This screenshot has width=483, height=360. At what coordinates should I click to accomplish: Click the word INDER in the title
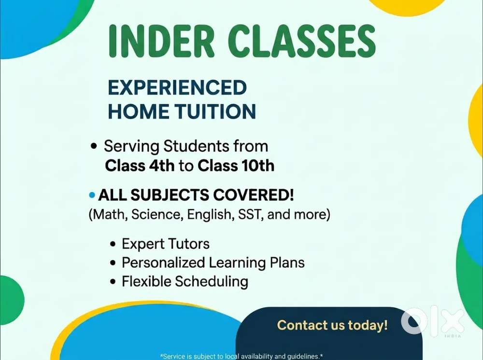pos(161,41)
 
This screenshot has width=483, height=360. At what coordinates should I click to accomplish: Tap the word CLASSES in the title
pos(302,41)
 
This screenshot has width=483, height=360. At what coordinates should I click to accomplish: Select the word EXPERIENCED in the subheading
pos(177,88)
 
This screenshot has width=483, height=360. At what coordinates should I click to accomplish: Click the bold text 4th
pos(162,166)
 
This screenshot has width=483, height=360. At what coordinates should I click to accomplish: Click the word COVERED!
pos(253,195)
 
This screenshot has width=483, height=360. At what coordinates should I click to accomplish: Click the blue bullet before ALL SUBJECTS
pos(92,195)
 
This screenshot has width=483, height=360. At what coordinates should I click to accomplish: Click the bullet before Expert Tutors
pos(114,245)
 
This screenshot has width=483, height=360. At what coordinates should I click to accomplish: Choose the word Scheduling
pos(212,282)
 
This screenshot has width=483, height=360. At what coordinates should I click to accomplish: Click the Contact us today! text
pos(332,325)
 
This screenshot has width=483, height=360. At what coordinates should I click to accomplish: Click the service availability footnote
pos(241,356)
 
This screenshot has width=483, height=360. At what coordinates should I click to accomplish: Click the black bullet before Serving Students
pos(94,146)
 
